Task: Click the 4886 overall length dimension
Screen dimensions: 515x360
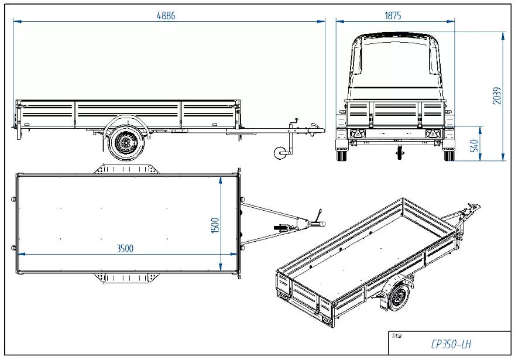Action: (x=166, y=16)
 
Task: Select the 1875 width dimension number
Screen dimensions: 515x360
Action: (x=393, y=16)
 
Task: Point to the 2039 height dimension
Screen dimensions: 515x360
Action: (x=497, y=95)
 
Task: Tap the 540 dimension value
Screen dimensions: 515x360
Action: (x=474, y=146)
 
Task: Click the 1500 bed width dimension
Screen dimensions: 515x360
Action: (x=215, y=225)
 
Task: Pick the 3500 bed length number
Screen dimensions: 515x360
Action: (x=125, y=248)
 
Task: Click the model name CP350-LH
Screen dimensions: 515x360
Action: (x=451, y=344)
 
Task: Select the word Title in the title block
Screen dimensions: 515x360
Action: (x=396, y=335)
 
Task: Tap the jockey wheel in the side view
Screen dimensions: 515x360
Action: (x=280, y=153)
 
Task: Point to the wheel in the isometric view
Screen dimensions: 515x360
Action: (x=399, y=297)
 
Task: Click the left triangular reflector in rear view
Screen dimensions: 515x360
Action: (x=357, y=133)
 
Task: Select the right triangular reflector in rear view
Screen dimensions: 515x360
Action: (x=432, y=133)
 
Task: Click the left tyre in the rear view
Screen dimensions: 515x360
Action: (x=342, y=155)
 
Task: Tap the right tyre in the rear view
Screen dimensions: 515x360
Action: (x=449, y=155)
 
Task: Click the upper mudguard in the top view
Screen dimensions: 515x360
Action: (x=126, y=169)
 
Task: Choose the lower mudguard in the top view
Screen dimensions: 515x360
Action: (x=126, y=278)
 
